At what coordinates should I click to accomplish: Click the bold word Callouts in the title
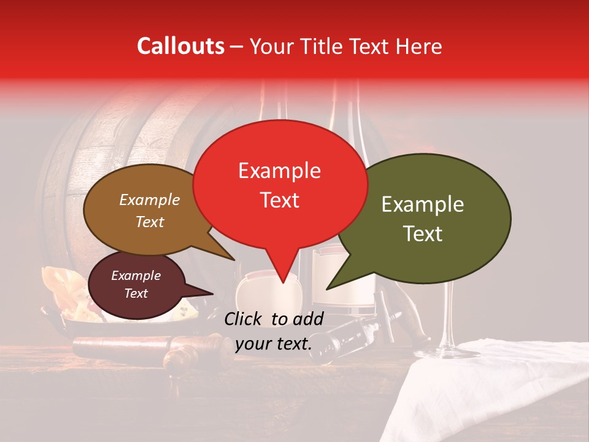click(180, 46)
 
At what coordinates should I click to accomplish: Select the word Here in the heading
click(418, 46)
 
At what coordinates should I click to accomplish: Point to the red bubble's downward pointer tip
click(282, 282)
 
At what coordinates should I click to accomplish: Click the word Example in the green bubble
click(423, 204)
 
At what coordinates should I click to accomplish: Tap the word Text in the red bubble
click(280, 200)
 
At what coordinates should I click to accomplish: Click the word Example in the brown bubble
click(149, 200)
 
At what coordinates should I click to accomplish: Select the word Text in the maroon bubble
click(136, 293)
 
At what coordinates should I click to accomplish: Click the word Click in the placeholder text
click(244, 319)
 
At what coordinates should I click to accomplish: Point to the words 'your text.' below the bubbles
click(273, 344)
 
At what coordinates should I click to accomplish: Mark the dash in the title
click(237, 47)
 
